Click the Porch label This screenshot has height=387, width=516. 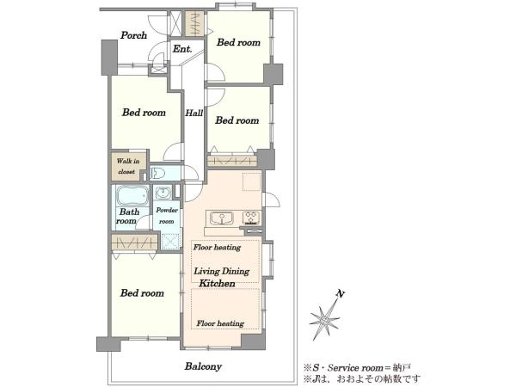click(133, 35)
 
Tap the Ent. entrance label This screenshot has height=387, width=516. click(182, 49)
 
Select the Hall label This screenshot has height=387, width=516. click(193, 114)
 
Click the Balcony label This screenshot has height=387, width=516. click(203, 366)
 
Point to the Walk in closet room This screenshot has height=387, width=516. click(129, 166)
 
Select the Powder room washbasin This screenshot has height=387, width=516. click(163, 192)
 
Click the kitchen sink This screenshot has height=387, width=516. click(222, 218)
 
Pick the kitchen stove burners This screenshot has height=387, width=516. click(251, 218)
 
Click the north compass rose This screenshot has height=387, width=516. click(324, 318)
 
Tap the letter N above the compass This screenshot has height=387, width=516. click(341, 293)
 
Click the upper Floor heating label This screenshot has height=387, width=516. click(217, 248)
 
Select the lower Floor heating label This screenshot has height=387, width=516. click(220, 324)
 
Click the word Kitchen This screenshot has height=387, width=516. click(218, 283)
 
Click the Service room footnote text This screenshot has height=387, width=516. click(357, 367)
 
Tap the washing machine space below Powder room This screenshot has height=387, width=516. click(171, 242)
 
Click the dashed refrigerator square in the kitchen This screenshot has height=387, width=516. click(252, 181)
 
